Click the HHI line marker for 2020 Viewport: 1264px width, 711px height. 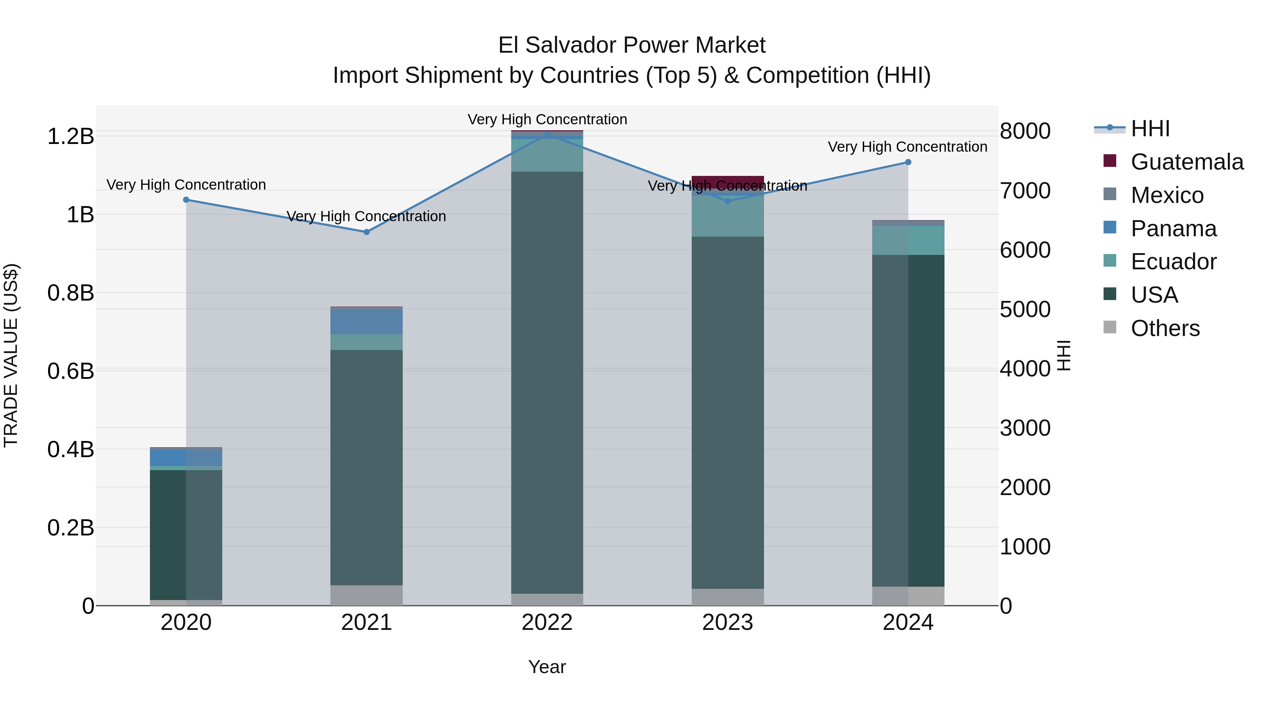(x=186, y=200)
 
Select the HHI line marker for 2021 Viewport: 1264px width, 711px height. (x=367, y=232)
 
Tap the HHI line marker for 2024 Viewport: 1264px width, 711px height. (x=908, y=163)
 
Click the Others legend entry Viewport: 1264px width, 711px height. (x=1165, y=328)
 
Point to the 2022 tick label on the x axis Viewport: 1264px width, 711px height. (x=547, y=623)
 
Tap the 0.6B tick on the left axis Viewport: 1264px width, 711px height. (x=71, y=371)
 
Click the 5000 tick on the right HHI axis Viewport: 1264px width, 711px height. (x=1025, y=310)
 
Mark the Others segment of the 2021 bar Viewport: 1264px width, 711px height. (x=367, y=595)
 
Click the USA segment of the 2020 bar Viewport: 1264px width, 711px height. (x=186, y=535)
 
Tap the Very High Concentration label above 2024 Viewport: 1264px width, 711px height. (x=907, y=147)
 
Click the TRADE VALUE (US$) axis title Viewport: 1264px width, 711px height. (x=11, y=355)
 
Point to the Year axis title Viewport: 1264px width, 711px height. (x=547, y=667)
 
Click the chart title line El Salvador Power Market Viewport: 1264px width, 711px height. (x=632, y=45)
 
